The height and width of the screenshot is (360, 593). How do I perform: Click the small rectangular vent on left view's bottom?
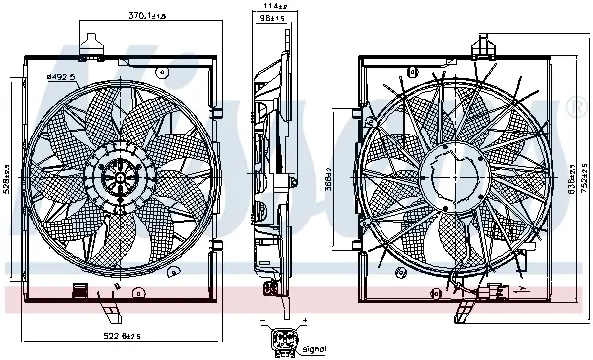77,292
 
